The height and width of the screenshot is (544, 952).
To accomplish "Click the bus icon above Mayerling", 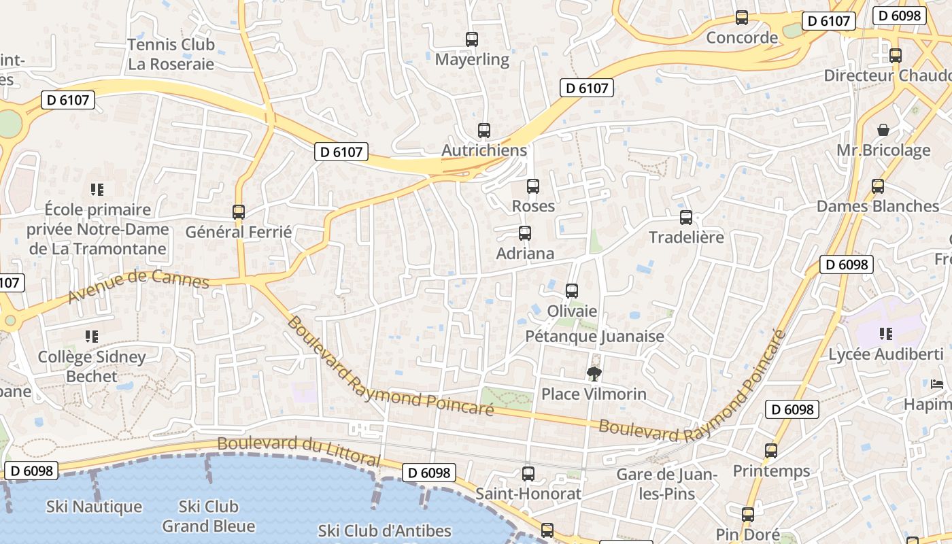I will pyautogui.click(x=472, y=39).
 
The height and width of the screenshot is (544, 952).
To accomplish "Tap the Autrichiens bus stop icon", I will pyautogui.click(x=484, y=131).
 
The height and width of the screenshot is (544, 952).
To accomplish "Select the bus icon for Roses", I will pyautogui.click(x=533, y=186).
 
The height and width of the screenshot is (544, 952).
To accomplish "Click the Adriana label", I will pyautogui.click(x=525, y=254).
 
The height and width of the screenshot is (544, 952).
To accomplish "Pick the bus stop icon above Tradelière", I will pyautogui.click(x=686, y=218).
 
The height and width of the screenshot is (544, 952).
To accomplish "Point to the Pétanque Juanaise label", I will pyautogui.click(x=594, y=336).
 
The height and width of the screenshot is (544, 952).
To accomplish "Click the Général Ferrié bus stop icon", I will pyautogui.click(x=239, y=211).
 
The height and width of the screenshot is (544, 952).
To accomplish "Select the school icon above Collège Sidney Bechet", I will pyautogui.click(x=92, y=337).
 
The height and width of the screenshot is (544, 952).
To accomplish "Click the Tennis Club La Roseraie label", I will pyautogui.click(x=171, y=54).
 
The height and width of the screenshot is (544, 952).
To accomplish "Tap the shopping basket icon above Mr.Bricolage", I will pyautogui.click(x=883, y=130).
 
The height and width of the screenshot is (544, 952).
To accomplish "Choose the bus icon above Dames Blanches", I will pyautogui.click(x=878, y=186).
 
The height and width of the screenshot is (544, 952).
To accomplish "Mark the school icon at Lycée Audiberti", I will pyautogui.click(x=885, y=334).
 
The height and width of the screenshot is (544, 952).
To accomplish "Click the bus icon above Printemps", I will pyautogui.click(x=771, y=451).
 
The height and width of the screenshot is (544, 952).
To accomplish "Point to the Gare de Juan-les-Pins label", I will pyautogui.click(x=667, y=483).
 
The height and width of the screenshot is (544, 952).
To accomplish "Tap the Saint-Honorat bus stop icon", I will pyautogui.click(x=528, y=474).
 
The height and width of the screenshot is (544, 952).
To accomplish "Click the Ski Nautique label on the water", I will pyautogui.click(x=95, y=507).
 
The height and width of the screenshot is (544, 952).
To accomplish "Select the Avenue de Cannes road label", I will pyautogui.click(x=139, y=287).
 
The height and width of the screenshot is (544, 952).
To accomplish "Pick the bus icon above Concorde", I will pyautogui.click(x=742, y=18).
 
